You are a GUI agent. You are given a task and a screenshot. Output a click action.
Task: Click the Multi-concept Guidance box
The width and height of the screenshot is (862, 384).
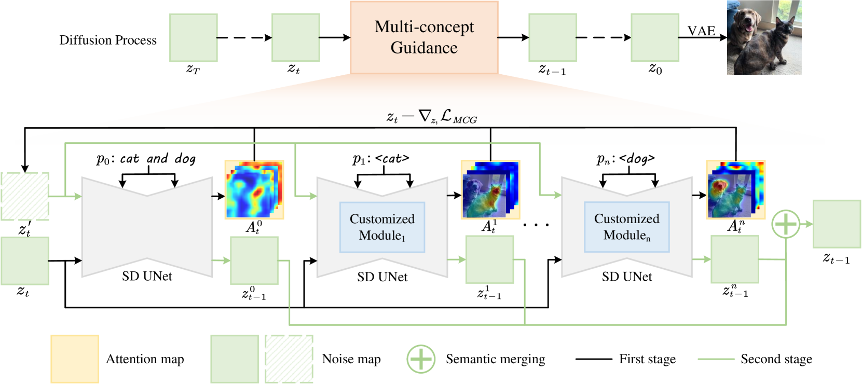pos(424,37)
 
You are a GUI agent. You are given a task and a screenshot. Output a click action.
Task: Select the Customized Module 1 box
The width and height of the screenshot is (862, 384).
pos(382,227)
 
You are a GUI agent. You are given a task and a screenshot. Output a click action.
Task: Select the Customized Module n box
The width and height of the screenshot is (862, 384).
pos(626,227)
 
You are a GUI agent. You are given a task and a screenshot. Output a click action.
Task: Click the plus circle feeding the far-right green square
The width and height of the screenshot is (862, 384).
pos(786,224)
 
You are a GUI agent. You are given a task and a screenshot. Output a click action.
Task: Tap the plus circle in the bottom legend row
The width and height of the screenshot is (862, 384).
pos(421,359)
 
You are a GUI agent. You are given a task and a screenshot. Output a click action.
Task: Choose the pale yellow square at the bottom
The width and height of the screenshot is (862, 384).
pos(75,359)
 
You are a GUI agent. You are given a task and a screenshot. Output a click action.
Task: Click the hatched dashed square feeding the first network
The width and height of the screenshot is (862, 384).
pos(25,196)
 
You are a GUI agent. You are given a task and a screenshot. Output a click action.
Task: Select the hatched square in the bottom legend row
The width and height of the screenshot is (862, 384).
pos(289,359)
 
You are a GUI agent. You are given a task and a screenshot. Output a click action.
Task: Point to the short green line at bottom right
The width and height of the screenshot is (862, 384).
pos(716,359)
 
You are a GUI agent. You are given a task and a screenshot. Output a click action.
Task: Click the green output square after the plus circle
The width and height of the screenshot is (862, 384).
pos(837,224)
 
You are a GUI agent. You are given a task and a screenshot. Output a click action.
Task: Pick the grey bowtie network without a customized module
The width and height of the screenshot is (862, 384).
pos(147,227)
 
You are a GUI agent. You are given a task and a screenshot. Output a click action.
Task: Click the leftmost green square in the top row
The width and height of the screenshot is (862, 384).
pos(194,38)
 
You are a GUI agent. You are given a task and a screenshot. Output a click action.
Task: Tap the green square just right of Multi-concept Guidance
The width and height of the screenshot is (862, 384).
pos(553,38)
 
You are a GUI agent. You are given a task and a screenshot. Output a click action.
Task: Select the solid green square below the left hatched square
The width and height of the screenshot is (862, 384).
pos(25,260)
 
